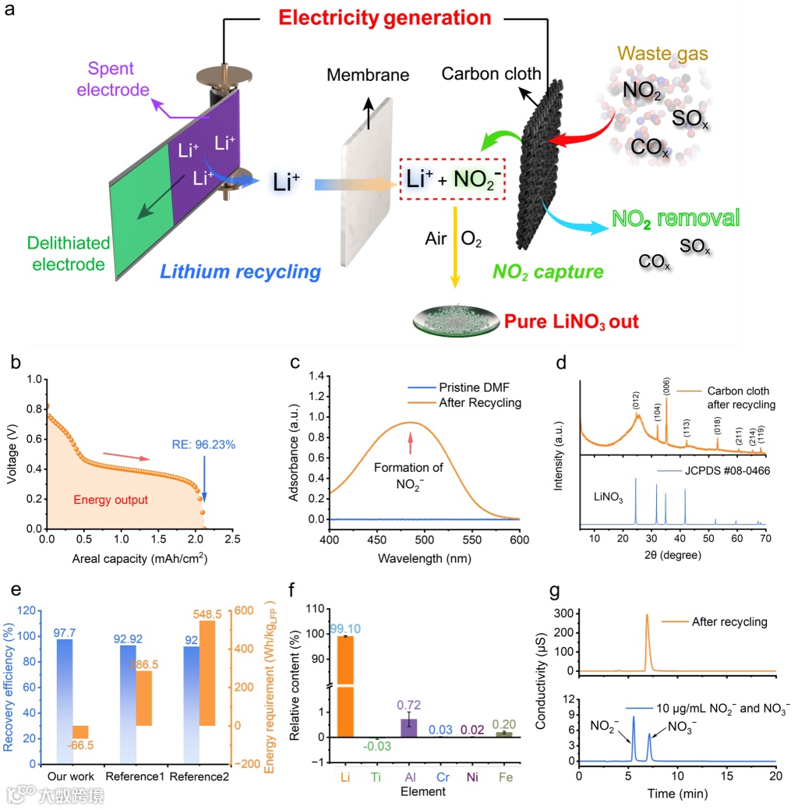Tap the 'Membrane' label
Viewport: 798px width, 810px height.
[368, 76]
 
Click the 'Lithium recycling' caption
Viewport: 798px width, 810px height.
[240, 272]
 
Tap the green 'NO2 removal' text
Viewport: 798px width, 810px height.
[675, 218]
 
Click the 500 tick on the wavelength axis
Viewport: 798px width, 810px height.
[409, 538]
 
